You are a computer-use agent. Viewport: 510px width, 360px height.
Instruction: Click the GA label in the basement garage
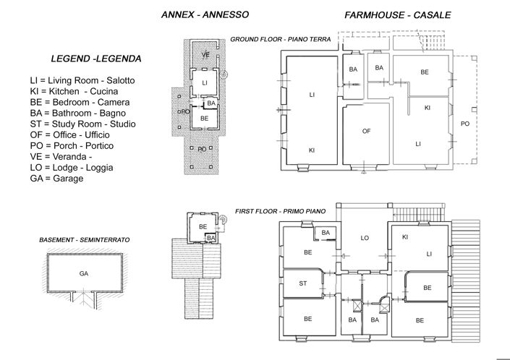[83, 273]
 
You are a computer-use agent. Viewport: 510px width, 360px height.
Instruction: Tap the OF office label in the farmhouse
[366, 131]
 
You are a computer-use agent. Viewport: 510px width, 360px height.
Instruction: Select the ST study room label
[303, 284]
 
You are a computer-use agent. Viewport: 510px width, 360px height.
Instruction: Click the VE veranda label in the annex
[205, 55]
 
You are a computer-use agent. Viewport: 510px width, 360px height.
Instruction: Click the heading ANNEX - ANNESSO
[205, 14]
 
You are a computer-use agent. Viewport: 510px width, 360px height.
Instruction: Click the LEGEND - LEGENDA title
[95, 58]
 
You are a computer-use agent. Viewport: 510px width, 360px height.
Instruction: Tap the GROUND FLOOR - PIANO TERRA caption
[280, 39]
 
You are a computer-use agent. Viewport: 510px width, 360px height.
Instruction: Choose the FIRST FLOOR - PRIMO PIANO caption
[280, 211]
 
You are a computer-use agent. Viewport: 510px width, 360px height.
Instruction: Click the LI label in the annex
[205, 83]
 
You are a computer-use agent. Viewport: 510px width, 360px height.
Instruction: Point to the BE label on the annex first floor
[203, 226]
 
